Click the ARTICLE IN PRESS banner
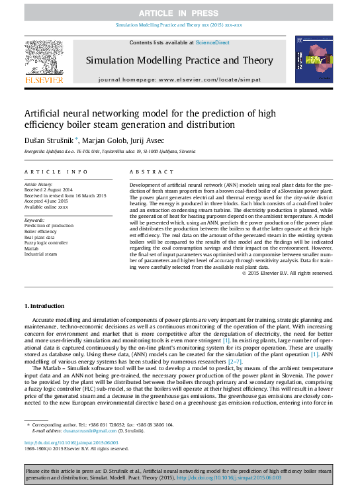179,12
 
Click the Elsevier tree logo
44,58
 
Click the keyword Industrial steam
42,255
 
